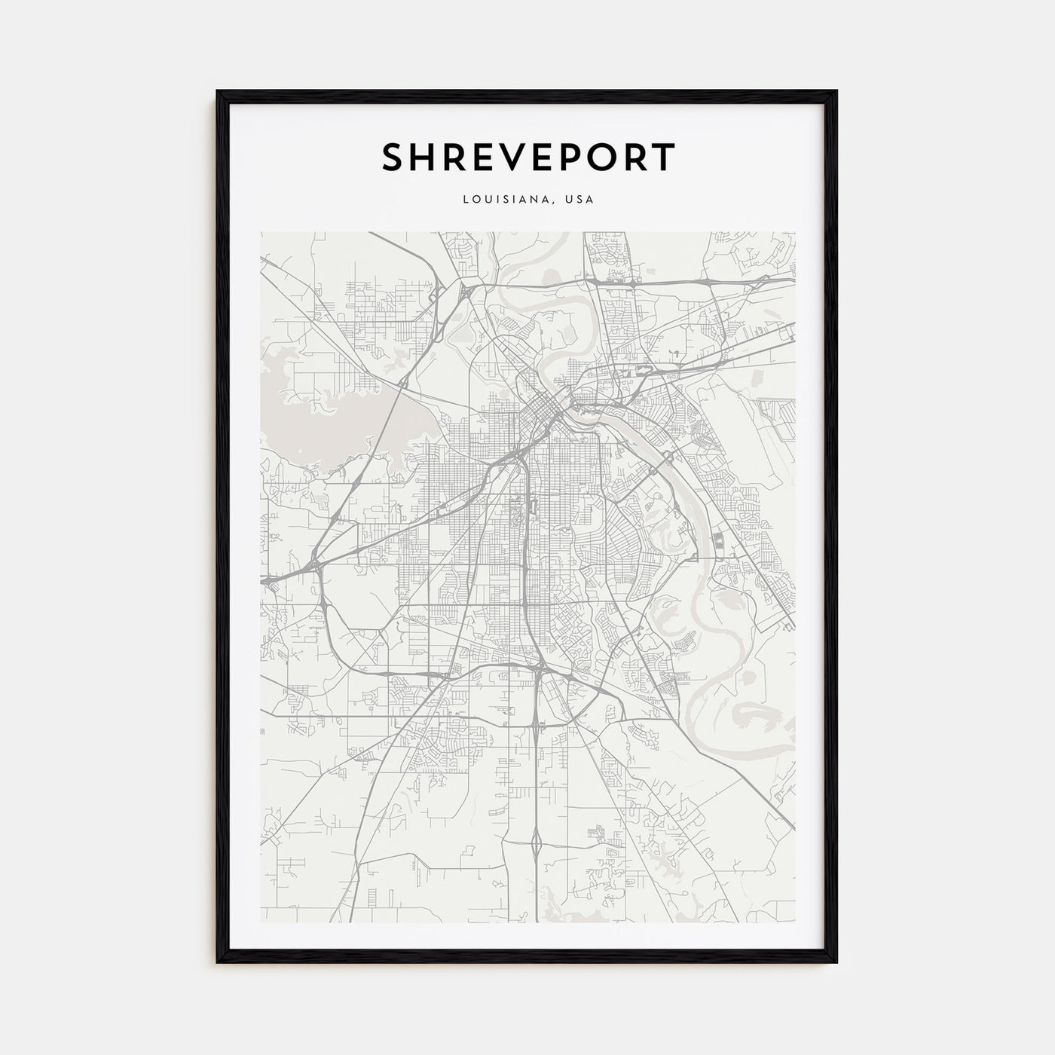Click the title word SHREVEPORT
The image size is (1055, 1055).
tap(527, 157)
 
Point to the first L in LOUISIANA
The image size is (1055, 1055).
tap(466, 200)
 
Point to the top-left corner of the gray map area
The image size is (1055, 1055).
tap(261, 233)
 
